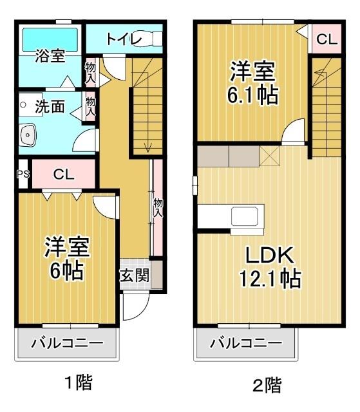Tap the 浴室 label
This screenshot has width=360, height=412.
coord(49,56)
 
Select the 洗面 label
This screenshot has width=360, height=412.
coord(50,107)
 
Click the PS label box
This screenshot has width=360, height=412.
coord(23,174)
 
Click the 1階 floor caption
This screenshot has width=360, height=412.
coord(78,383)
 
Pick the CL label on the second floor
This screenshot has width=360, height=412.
coord(326,39)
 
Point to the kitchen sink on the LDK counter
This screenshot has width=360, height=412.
coord(245,215)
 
